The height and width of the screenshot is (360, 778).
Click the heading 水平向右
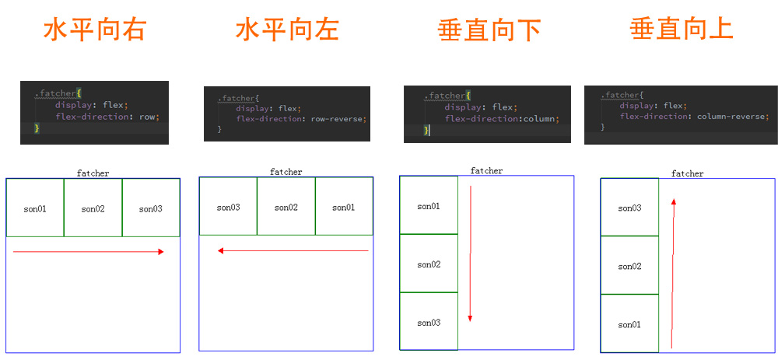pos(94,30)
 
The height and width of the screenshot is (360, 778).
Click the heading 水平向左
pos(287,30)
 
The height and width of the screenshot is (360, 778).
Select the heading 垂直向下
pos(489,30)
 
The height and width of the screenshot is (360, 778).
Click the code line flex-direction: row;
pos(107,117)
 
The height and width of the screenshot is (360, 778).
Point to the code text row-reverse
pos(338,119)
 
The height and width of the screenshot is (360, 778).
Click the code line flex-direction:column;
pos(502,119)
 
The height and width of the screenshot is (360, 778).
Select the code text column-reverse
pos(732,116)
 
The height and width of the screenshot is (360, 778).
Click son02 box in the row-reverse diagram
pos(286,207)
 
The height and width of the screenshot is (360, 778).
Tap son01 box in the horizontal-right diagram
pos(35,208)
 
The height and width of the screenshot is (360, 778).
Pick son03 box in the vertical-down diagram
pos(429,322)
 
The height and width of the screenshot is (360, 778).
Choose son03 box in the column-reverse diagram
pos(629,208)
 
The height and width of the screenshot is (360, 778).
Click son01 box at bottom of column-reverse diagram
pos(629,324)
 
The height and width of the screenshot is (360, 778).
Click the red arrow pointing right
pos(89,251)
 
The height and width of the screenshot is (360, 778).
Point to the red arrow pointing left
pos(293,251)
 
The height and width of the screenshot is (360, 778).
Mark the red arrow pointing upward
pos(673,272)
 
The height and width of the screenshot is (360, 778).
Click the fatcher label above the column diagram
pos(486,170)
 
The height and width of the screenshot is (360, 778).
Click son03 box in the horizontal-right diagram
pos(151,208)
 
